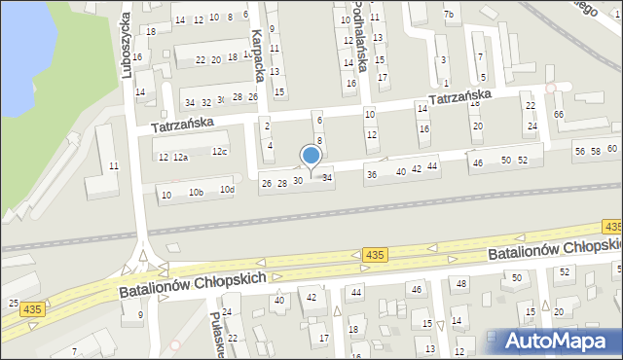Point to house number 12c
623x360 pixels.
[x=220, y=151]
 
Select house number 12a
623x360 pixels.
[x=180, y=158]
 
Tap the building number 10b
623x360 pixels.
[x=197, y=193]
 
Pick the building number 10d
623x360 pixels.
[x=227, y=189]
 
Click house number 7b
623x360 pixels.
[x=448, y=14]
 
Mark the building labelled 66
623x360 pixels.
[x=559, y=115]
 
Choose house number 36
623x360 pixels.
[x=371, y=174]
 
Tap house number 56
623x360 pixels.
[x=580, y=151]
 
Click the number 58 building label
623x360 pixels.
[x=596, y=151]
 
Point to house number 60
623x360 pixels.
[x=611, y=148]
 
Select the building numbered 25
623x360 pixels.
[x=14, y=304]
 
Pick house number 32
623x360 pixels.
[x=205, y=102]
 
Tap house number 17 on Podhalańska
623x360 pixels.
[x=383, y=76]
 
